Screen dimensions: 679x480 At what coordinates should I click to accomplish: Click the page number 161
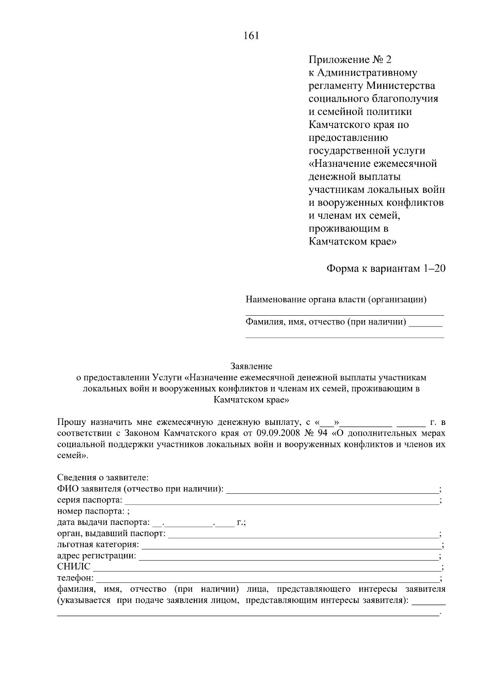point(251,36)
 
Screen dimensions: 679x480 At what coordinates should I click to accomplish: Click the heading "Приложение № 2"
point(350,60)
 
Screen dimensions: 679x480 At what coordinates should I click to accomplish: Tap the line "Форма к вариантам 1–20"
point(386,268)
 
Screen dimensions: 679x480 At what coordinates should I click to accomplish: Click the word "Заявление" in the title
point(251,366)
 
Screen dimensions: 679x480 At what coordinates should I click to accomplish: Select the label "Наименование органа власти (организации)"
point(336,299)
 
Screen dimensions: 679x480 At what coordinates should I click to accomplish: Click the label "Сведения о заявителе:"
point(103,478)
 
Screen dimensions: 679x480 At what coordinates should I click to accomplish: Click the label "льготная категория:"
point(98,545)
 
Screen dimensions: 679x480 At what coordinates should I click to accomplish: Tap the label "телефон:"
point(75,578)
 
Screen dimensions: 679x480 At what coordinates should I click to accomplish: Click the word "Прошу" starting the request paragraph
point(71,422)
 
